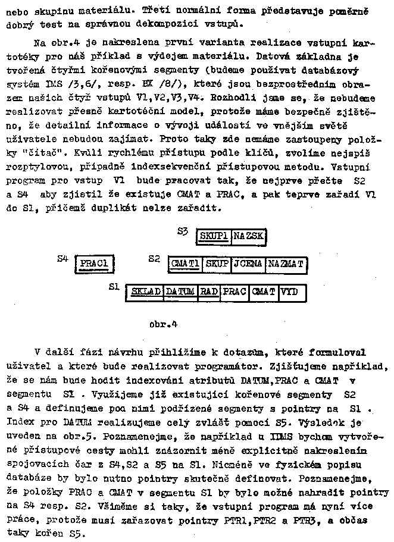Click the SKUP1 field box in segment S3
[x=214, y=237]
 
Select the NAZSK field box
[x=246, y=237]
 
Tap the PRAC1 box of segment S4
[x=94, y=264]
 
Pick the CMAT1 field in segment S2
[x=185, y=264]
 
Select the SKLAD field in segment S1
[x=145, y=292]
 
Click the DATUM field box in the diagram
[x=180, y=292]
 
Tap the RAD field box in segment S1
[x=209, y=292]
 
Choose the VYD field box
[x=290, y=292]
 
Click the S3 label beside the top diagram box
[x=183, y=230]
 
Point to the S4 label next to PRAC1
[x=62, y=258]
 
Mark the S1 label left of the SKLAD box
[x=115, y=287]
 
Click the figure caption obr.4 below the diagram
[x=164, y=325]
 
